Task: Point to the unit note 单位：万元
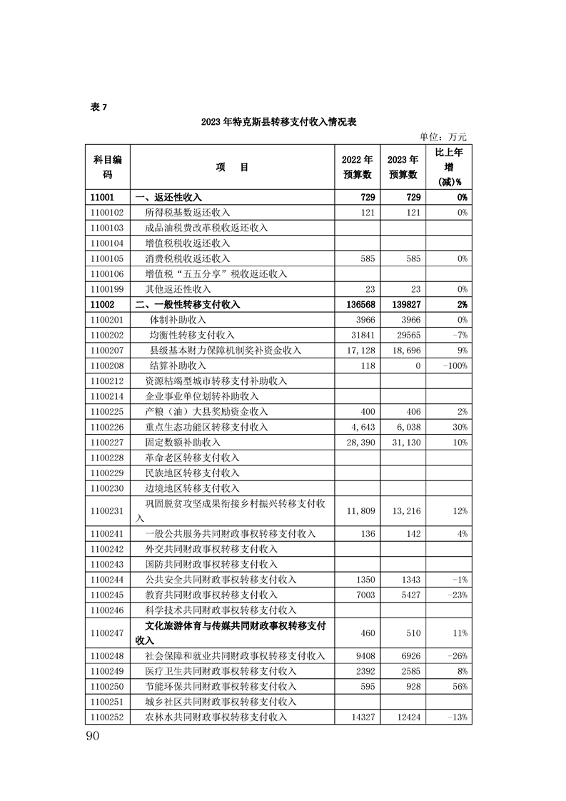(x=443, y=136)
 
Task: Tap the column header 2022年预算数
(x=357, y=166)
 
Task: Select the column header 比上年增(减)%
(x=449, y=166)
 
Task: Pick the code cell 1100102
(x=108, y=212)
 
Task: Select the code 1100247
(x=108, y=633)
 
